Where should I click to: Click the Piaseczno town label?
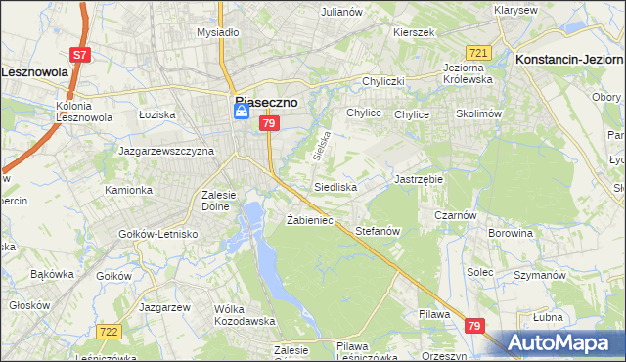(x=265, y=100)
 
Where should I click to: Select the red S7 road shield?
(x=80, y=56)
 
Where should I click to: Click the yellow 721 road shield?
(x=478, y=52)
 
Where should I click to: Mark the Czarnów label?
(x=456, y=216)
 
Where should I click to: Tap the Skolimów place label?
(x=478, y=114)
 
